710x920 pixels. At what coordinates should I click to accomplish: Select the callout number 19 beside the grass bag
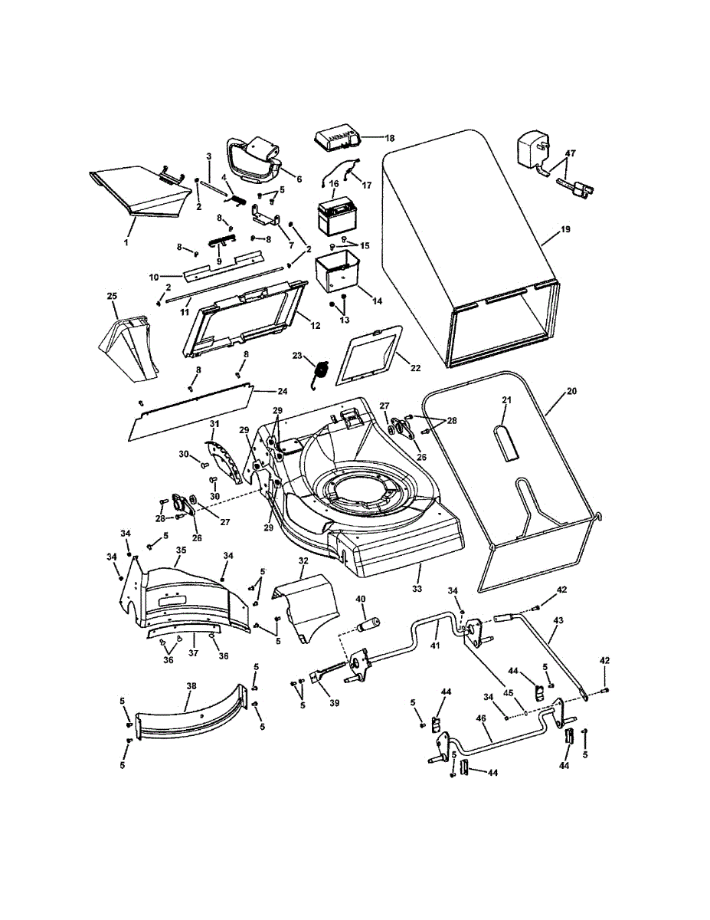pos(564,228)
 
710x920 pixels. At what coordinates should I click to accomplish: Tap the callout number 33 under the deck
pos(417,590)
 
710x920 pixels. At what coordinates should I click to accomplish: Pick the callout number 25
pos(112,296)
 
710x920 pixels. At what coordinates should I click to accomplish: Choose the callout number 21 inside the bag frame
pos(506,399)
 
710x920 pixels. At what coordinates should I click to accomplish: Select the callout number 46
pos(481,718)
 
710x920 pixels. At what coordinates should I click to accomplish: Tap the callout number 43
pos(558,619)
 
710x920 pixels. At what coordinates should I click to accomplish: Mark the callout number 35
pos(182,550)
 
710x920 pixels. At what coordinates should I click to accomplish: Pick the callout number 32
pos(303,561)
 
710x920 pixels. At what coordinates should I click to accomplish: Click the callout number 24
pos(261,390)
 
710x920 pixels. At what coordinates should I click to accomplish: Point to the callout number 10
pos(153,276)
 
